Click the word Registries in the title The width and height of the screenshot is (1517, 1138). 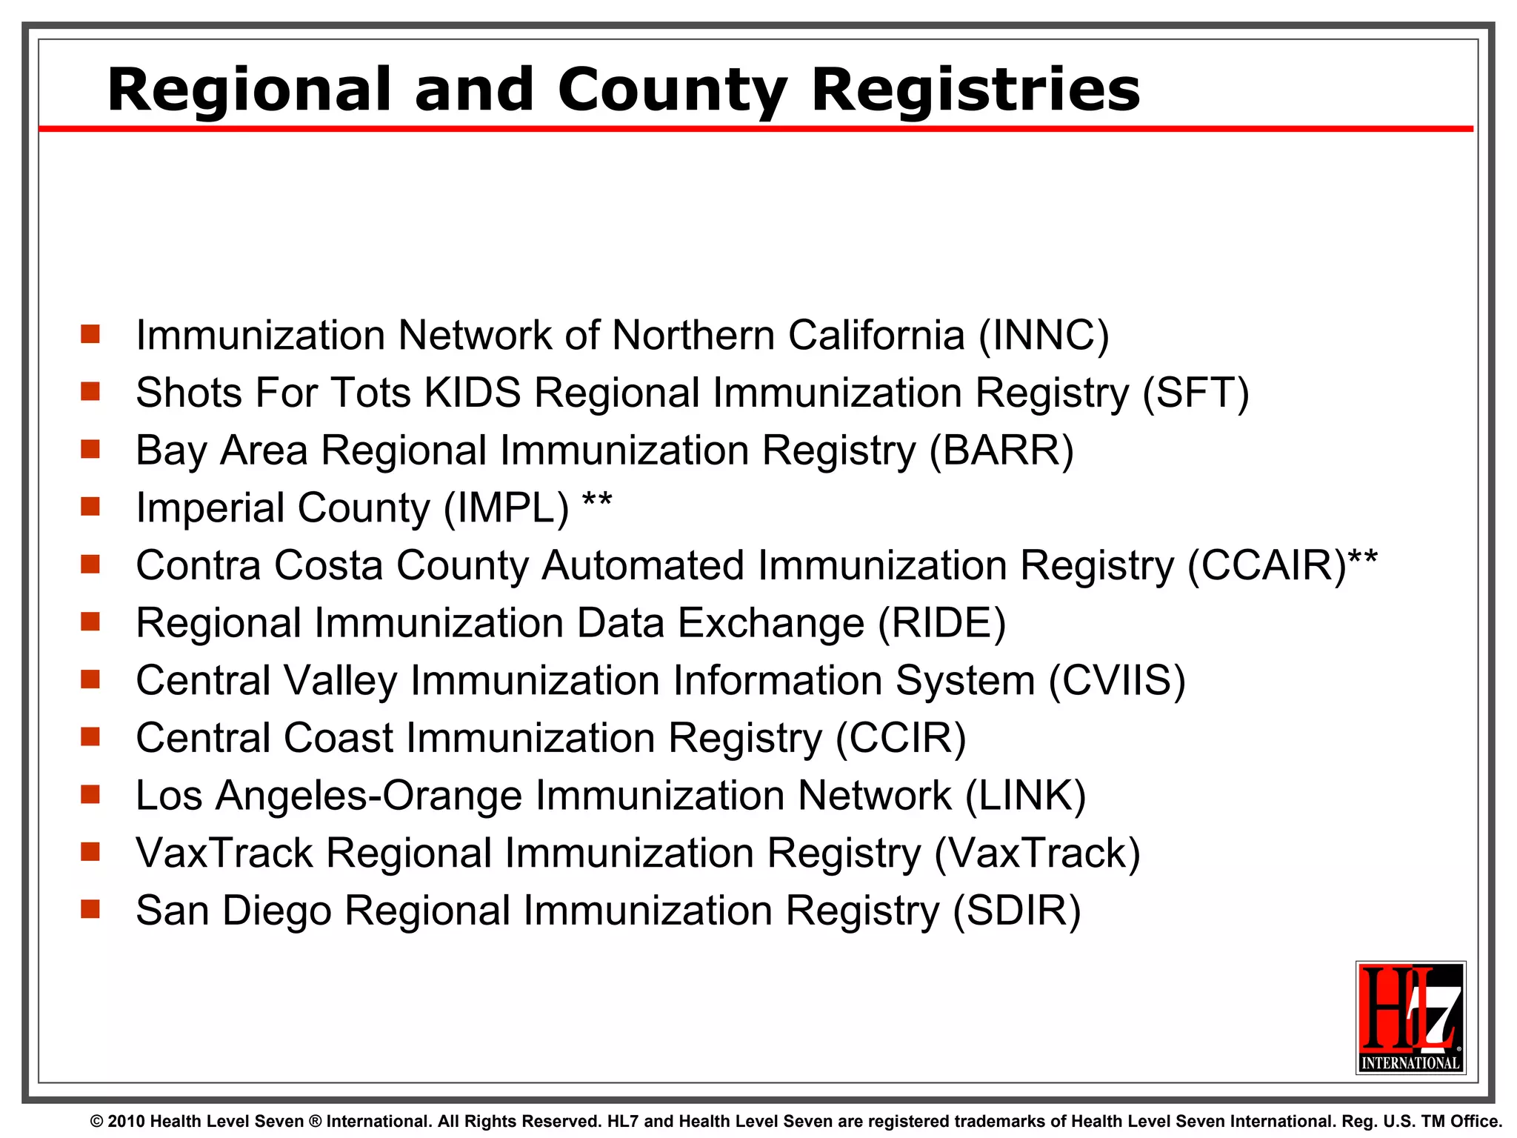[976, 90]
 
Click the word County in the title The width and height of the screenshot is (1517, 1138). [671, 90]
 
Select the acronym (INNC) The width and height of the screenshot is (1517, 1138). [1044, 336]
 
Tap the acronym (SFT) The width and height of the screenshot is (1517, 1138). [1196, 393]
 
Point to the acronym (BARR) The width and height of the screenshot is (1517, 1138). [1001, 450]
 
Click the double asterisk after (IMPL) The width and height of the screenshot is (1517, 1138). [597, 501]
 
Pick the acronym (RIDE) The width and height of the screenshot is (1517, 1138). [942, 623]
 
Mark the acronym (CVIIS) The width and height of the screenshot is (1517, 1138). [1117, 681]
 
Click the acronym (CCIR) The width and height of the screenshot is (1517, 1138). [901, 739]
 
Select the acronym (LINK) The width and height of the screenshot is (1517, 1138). [1026, 796]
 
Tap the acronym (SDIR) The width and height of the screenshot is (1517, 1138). [1017, 911]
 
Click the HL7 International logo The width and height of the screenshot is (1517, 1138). [1410, 1017]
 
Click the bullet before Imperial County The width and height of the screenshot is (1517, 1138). [90, 507]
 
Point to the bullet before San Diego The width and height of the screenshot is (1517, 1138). [90, 909]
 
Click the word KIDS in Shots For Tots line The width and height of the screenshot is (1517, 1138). [473, 393]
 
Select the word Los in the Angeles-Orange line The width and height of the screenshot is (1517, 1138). [169, 796]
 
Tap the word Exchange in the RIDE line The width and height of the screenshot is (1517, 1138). [771, 623]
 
